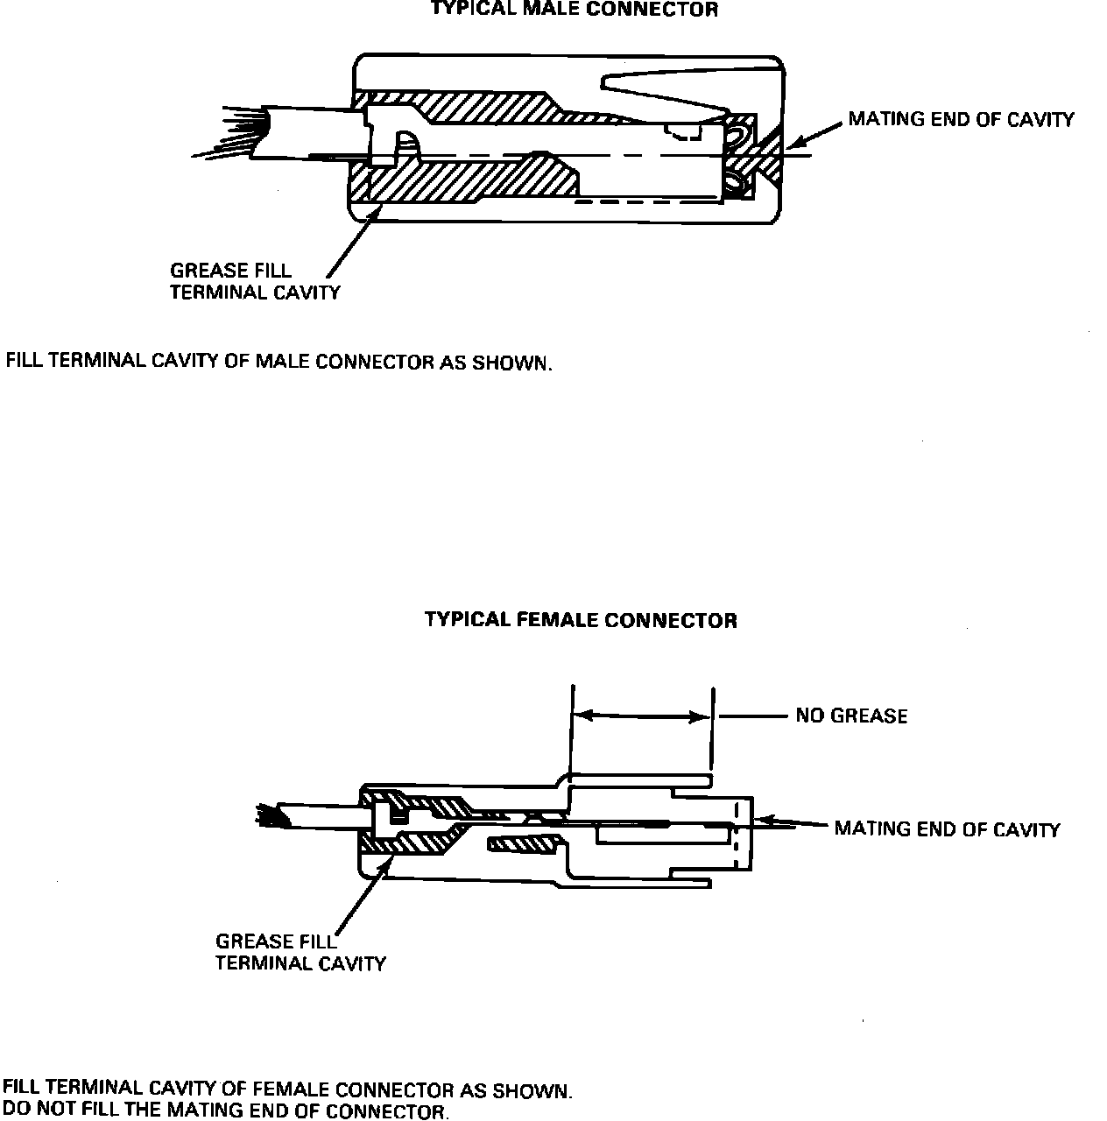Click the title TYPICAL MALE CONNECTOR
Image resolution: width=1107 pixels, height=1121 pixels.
(x=575, y=11)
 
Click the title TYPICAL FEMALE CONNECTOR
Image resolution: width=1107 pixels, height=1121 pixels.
(x=581, y=621)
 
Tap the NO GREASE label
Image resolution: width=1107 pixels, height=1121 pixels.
(x=851, y=716)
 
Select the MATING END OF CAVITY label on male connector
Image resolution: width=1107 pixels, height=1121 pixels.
(x=961, y=120)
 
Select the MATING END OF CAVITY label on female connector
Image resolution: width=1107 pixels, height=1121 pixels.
(x=947, y=828)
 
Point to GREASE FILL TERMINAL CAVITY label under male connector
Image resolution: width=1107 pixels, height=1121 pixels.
(x=254, y=281)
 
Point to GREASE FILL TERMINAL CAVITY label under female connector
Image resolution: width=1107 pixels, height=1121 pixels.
(x=300, y=953)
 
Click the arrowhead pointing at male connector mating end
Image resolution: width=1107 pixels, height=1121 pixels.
(x=793, y=142)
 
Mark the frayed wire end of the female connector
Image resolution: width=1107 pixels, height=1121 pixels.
(x=264, y=815)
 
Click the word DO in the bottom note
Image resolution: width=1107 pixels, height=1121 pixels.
(x=16, y=1110)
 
